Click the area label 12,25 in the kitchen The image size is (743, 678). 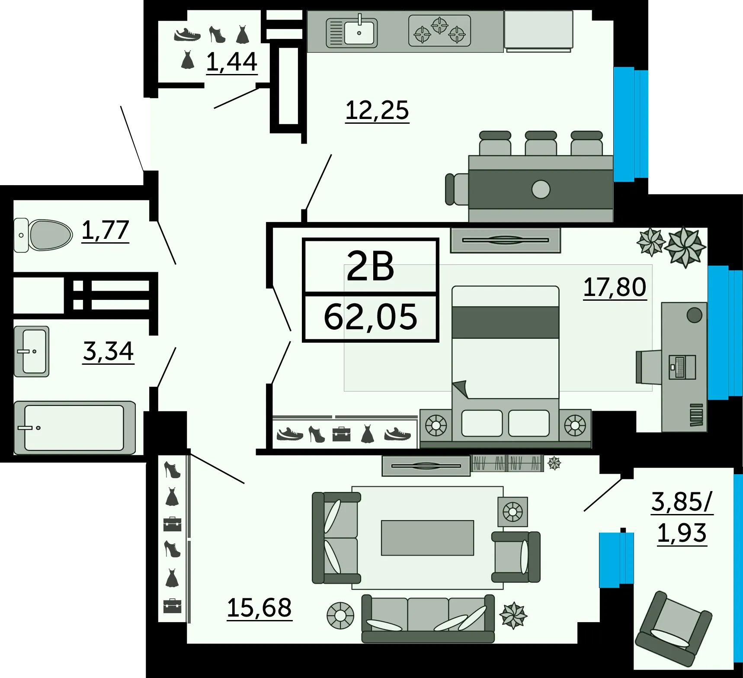[x=377, y=110]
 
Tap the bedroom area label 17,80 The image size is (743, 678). [x=615, y=287]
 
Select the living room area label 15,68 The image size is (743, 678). [x=259, y=608]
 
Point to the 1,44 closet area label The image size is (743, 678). [x=232, y=62]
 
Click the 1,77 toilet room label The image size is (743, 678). [x=106, y=230]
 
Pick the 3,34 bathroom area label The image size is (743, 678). [x=109, y=351]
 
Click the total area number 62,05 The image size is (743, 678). [x=371, y=317]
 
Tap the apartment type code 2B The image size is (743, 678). [x=371, y=266]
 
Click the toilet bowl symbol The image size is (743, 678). [x=43, y=235]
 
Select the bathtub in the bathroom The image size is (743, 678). [x=74, y=428]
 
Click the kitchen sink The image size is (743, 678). [x=352, y=32]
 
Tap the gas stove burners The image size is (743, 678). [x=439, y=30]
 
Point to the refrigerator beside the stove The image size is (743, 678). [x=538, y=30]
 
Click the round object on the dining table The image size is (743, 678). [x=541, y=189]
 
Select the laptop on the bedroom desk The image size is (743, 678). [x=682, y=367]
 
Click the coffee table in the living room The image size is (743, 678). [x=427, y=538]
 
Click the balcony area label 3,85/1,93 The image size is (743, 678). [x=682, y=517]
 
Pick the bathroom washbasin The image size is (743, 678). [x=32, y=351]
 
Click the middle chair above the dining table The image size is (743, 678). [x=541, y=143]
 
